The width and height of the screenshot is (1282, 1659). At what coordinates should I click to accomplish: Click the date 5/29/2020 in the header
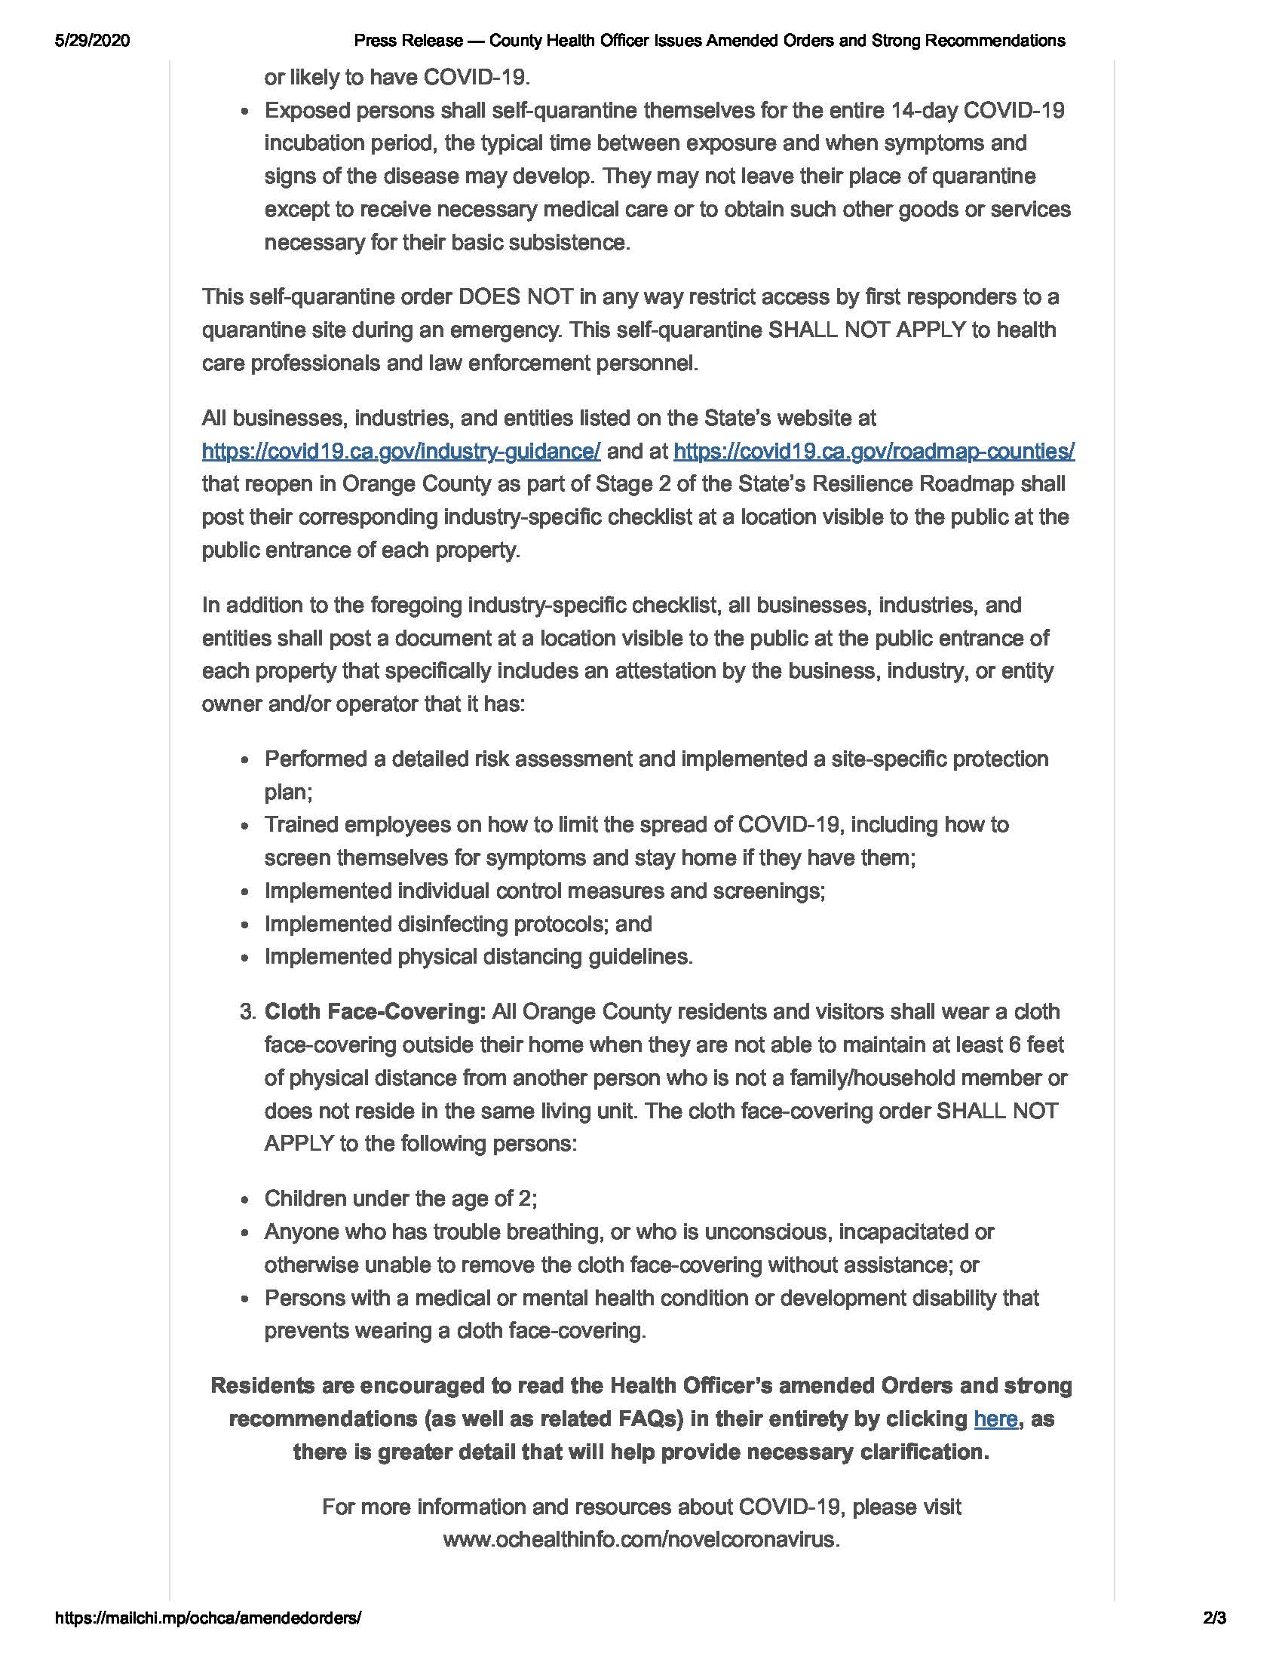click(x=92, y=41)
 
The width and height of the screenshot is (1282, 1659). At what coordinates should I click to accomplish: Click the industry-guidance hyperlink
click(x=401, y=451)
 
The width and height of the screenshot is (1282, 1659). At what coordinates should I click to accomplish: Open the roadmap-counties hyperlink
click(x=873, y=451)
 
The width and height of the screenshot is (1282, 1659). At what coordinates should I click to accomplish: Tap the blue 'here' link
click(x=995, y=1419)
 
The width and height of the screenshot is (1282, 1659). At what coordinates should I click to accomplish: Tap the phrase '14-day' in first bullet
click(x=924, y=111)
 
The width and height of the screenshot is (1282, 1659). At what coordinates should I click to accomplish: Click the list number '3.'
click(x=247, y=1012)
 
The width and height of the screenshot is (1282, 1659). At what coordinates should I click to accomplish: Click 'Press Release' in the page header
click(x=408, y=41)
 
